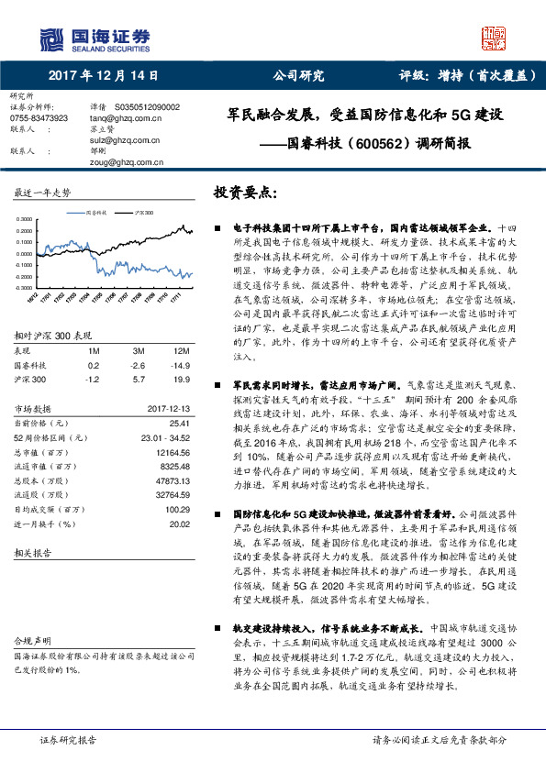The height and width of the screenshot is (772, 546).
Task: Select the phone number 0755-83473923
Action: click(39, 118)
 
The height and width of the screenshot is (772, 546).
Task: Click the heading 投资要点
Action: click(244, 193)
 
